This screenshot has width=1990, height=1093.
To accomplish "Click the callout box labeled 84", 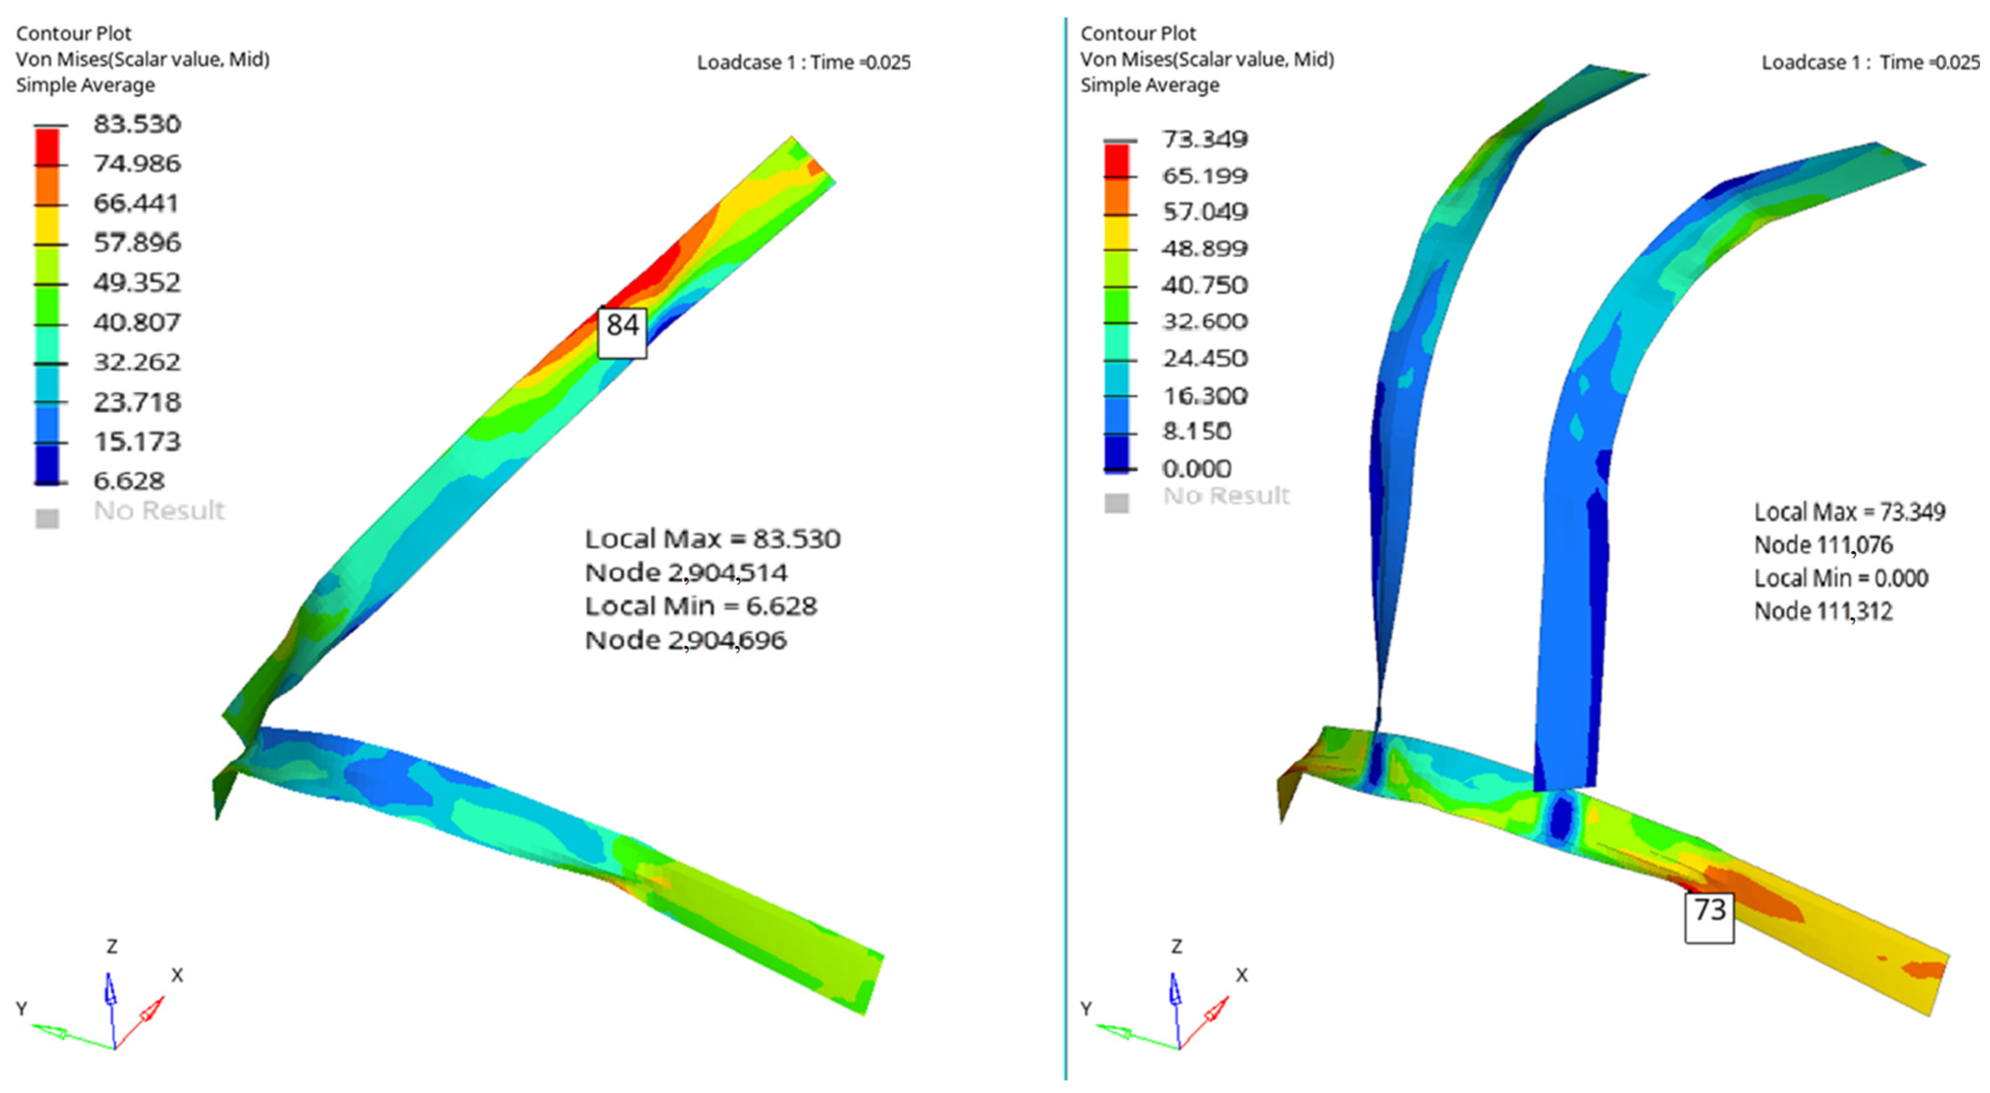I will tap(622, 332).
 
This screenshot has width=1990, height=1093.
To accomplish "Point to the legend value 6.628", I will tap(129, 481).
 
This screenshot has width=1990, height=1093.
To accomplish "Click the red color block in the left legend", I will tap(47, 147).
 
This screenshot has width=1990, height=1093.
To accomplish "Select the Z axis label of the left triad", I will tap(112, 946).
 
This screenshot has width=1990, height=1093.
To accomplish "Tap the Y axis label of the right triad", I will tap(1086, 1009).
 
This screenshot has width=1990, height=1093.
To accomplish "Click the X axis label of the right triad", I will tap(1241, 975).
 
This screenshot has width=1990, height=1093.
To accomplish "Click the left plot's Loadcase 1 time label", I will tap(803, 62).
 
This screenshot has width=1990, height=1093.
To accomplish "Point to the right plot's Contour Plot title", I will tap(1138, 33).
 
